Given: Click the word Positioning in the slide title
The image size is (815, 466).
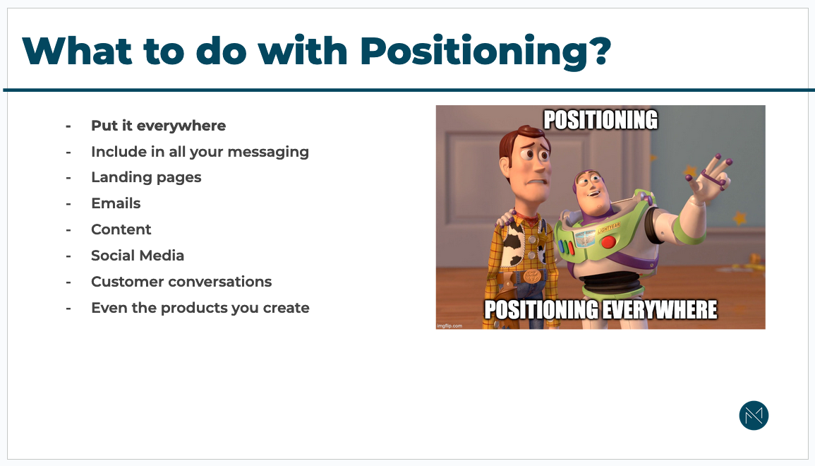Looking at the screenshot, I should coord(475,51).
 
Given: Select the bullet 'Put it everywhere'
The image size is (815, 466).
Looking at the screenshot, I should coord(158,126).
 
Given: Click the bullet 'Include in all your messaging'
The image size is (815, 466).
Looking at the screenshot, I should coord(200,152).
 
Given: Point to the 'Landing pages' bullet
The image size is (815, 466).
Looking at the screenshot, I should coord(146,177).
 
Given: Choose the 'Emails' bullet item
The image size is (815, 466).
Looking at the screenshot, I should coord(116,203).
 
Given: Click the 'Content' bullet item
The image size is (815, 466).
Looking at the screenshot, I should coord(121,229).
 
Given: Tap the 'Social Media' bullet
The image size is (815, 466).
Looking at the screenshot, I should coord(138,256).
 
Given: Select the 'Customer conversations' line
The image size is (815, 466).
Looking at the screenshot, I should coord(181,282).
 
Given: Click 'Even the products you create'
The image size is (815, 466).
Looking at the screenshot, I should coord(200,308).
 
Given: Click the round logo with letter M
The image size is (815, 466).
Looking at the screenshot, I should coord(754,416).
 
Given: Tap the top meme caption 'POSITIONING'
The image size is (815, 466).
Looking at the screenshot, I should coord(600,120).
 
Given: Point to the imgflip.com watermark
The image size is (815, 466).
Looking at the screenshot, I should coord(449,325).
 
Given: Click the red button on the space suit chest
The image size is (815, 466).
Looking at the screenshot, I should coord(608,243).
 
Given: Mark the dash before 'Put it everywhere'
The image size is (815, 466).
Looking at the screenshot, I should coord(68,126).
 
